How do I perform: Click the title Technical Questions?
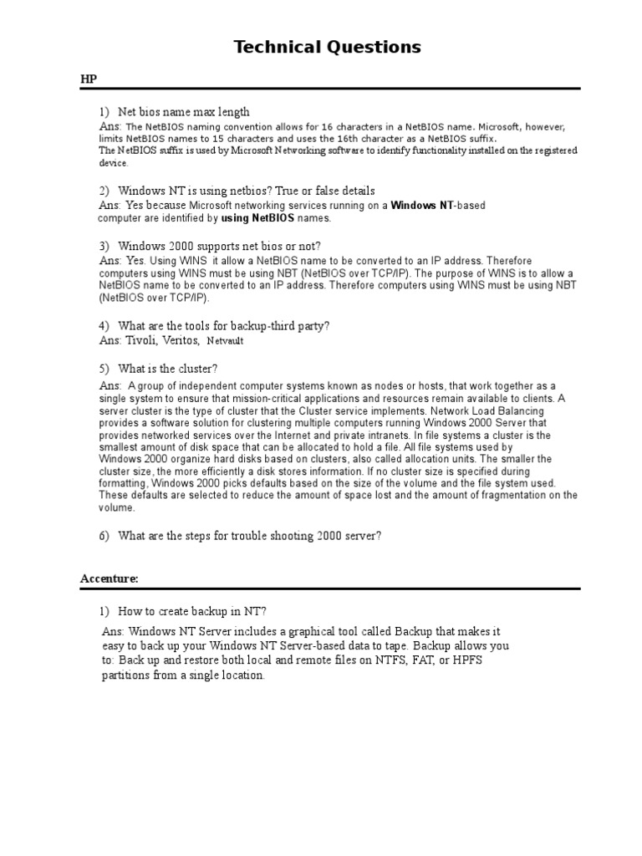[x=327, y=47]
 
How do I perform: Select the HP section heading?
[x=89, y=79]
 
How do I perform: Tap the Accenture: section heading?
[x=109, y=578]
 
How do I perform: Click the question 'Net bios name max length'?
[x=183, y=112]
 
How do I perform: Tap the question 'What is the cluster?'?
[x=170, y=369]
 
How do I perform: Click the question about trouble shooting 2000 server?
[x=249, y=536]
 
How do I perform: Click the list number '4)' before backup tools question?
[x=104, y=325]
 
